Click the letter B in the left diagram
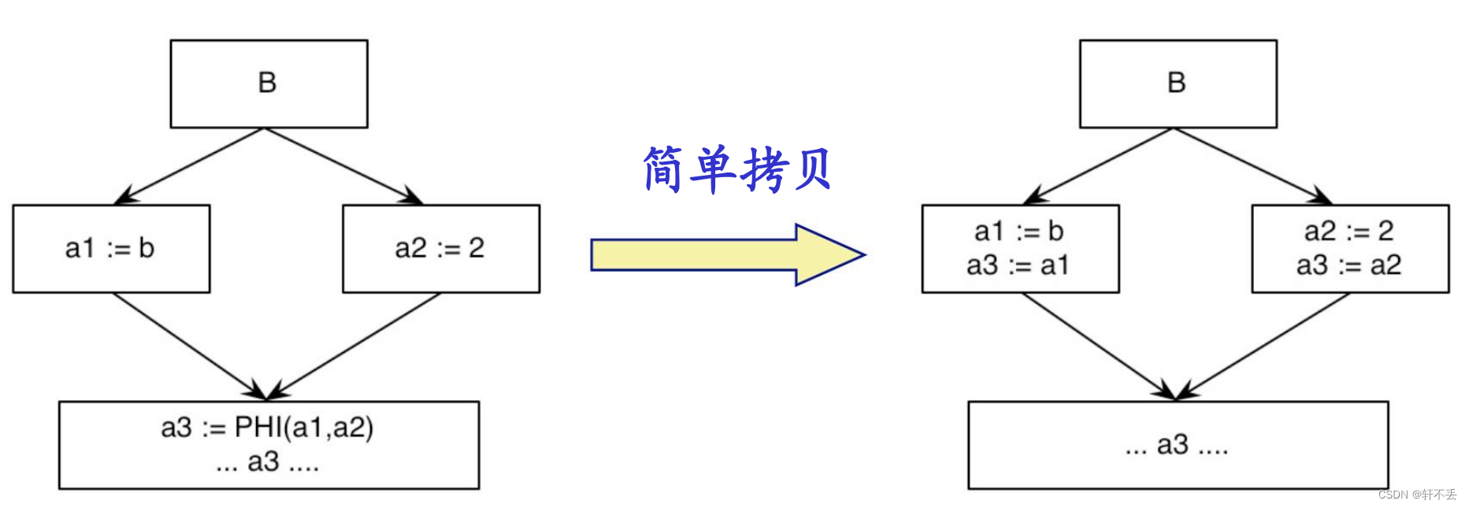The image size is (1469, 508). (x=267, y=83)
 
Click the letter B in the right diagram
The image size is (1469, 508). (x=1176, y=83)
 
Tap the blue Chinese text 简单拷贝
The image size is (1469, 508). (x=736, y=169)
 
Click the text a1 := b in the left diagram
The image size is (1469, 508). (x=109, y=248)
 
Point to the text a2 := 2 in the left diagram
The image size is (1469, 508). (x=440, y=248)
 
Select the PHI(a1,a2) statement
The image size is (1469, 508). (x=267, y=428)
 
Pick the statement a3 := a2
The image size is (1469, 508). (x=1348, y=265)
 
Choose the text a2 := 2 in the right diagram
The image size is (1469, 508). (x=1348, y=231)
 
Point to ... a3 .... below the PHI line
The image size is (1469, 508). (x=267, y=462)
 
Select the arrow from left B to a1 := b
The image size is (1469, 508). (x=189, y=165)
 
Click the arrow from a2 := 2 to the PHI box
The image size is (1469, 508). (x=354, y=346)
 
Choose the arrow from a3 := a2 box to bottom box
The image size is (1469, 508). (x=1263, y=346)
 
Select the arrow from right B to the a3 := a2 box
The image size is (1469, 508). (x=1252, y=165)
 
